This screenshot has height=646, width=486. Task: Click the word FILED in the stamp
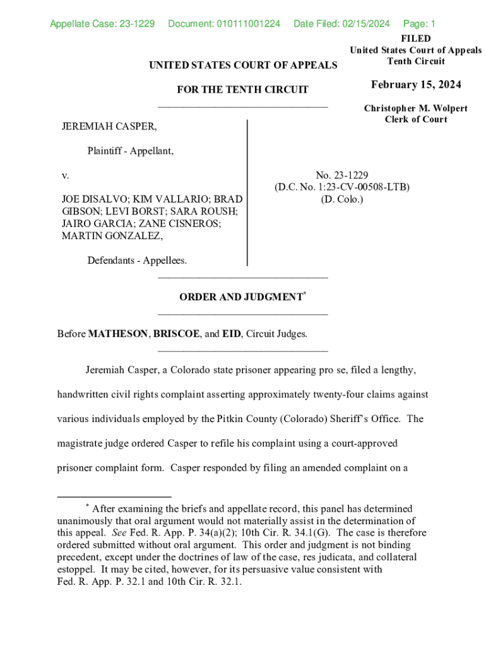coord(416,39)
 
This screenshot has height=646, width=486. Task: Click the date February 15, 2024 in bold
coord(416,85)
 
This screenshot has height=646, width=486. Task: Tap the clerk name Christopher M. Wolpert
coord(416,109)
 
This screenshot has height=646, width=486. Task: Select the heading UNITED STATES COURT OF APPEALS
coord(243,65)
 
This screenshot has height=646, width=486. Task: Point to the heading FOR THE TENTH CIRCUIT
coord(243,90)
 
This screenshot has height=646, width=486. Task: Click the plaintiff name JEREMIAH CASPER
coord(109,127)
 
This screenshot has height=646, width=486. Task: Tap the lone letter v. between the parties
coord(65,175)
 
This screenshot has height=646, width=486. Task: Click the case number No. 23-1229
coord(342,175)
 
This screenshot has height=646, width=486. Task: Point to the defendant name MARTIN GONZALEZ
coord(112,236)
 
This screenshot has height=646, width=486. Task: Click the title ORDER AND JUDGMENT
coord(240,297)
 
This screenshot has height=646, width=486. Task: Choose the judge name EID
coord(231,334)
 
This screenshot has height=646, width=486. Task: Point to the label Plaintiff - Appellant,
coord(131,151)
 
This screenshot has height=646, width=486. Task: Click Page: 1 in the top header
coord(419,25)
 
